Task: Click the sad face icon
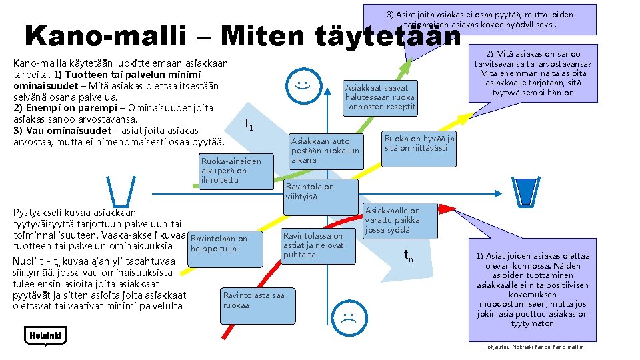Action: tap(347, 316)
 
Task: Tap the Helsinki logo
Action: tap(45, 335)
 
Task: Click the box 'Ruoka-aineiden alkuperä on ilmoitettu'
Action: tap(237, 171)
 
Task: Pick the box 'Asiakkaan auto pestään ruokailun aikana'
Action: tap(325, 151)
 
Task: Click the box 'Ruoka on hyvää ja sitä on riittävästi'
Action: tap(419, 148)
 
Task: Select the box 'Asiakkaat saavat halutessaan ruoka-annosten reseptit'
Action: tap(380, 97)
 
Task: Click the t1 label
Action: tap(249, 124)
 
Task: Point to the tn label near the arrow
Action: tap(409, 255)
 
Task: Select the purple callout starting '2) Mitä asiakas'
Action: tap(533, 74)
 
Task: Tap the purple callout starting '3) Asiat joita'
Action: tap(480, 19)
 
